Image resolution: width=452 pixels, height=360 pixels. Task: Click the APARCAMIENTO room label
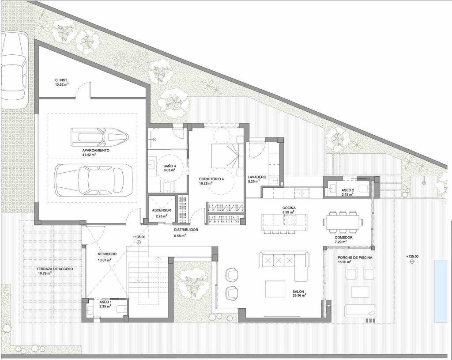91,150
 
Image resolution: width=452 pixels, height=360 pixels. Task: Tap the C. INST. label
62,80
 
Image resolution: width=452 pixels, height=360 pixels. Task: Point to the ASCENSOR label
162,210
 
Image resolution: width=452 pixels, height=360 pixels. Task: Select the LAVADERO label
257,177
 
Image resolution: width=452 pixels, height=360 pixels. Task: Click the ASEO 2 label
348,190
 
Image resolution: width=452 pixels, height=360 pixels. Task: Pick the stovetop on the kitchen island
290,220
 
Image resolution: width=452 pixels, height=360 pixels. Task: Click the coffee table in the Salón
275,289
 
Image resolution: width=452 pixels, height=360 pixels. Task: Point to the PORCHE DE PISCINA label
355,258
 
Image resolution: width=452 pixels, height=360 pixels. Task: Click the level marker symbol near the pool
412,261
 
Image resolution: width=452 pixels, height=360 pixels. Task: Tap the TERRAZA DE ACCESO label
55,269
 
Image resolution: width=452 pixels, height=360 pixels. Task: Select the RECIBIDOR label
107,254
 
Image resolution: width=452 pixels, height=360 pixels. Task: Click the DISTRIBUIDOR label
186,230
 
